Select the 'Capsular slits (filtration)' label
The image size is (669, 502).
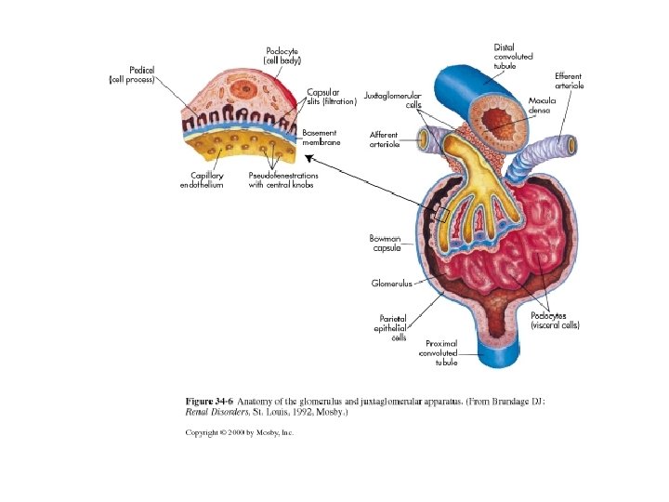pyautogui.click(x=332, y=97)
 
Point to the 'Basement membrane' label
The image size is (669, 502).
pyautogui.click(x=320, y=138)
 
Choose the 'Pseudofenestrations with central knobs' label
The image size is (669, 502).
pyautogui.click(x=283, y=180)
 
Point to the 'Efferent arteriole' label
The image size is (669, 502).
pyautogui.click(x=569, y=81)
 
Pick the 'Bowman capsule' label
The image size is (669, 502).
pyautogui.click(x=386, y=244)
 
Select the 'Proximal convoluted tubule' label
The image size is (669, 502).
pyautogui.click(x=439, y=353)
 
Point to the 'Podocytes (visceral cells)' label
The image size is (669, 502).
pyautogui.click(x=556, y=321)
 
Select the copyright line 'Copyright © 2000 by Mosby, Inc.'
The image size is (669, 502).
pyautogui.click(x=240, y=432)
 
